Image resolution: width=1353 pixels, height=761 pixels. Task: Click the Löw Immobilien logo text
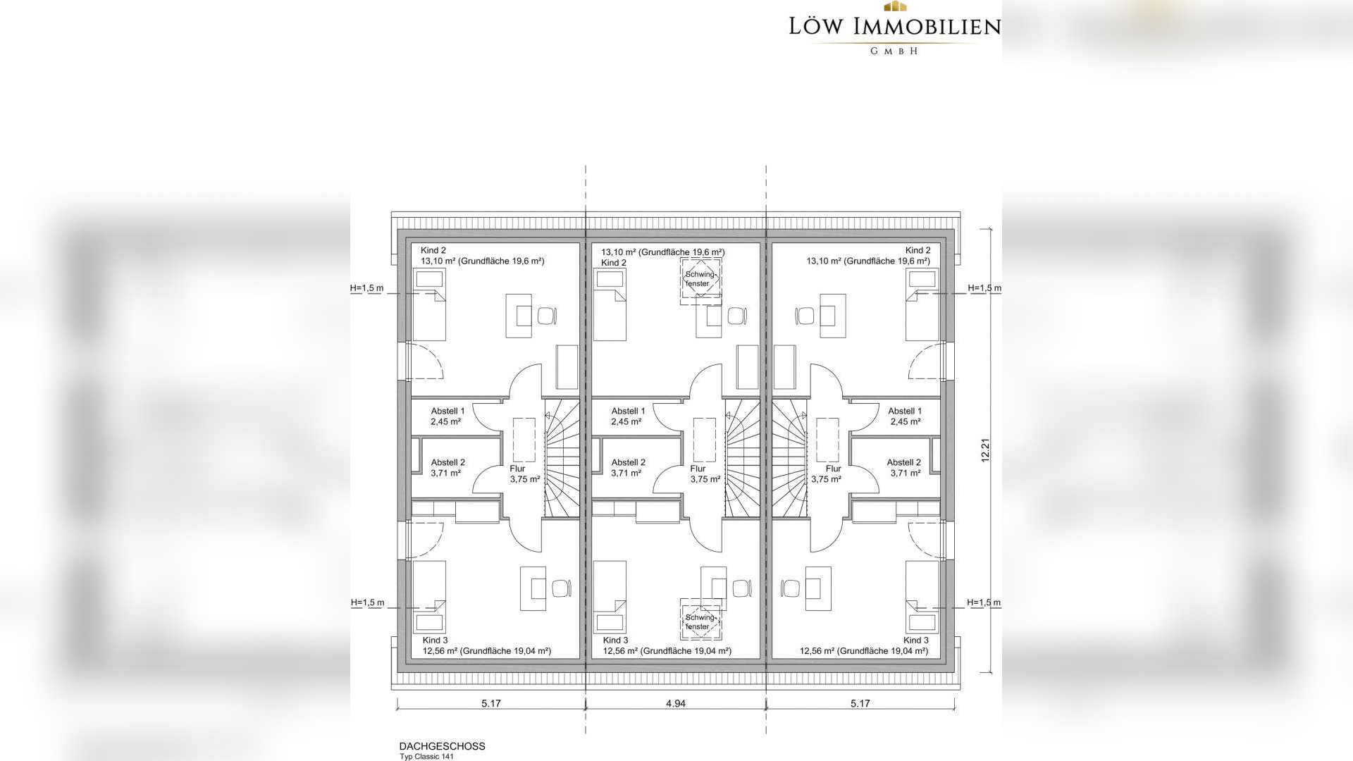[x=894, y=27]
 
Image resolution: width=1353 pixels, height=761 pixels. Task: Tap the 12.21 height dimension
[x=986, y=450]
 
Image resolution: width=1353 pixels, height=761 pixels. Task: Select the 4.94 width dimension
[x=675, y=703]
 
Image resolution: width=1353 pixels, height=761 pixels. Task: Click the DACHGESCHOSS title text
[x=442, y=746]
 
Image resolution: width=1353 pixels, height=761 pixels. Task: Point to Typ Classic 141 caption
[x=426, y=757]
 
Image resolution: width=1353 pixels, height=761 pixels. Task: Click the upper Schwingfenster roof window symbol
[x=700, y=280]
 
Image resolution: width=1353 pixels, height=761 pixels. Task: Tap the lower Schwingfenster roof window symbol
[x=700, y=621]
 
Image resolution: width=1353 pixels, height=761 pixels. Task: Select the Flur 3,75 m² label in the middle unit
[x=705, y=474]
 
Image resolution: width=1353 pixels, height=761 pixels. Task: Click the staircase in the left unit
[x=562, y=458]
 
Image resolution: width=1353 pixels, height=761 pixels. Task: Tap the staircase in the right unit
[x=789, y=458]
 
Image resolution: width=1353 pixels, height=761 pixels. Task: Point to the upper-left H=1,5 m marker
[x=367, y=288]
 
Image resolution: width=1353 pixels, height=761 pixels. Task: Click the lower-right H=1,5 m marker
[x=984, y=602]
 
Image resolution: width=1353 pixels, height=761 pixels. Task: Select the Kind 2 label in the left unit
[x=433, y=250]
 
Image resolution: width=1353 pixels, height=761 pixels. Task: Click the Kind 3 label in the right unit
[x=916, y=641]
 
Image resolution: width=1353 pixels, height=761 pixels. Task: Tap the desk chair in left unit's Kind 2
[x=548, y=315]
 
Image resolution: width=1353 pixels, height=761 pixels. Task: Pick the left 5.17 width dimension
[x=491, y=703]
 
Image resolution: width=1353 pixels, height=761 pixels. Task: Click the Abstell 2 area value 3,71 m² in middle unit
[x=626, y=474]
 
